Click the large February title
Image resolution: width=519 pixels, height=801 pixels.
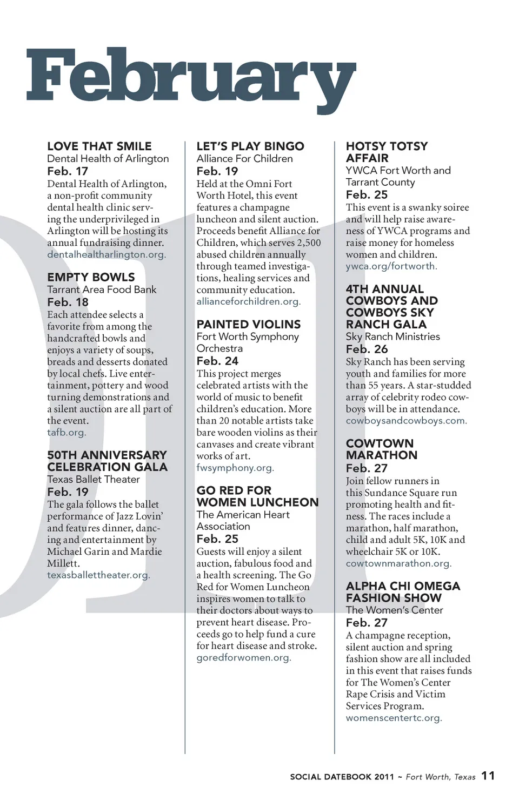tap(191, 78)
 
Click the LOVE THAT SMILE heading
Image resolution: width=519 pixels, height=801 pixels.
tap(99, 146)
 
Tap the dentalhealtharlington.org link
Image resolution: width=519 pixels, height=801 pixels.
tap(107, 254)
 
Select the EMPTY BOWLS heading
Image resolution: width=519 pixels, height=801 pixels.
tap(91, 277)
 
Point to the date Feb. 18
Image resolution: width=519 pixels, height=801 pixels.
tap(68, 302)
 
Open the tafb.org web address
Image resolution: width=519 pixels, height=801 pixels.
tap(66, 432)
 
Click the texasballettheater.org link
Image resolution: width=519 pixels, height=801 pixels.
tap(98, 575)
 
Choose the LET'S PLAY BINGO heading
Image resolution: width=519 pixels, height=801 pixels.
tap(250, 146)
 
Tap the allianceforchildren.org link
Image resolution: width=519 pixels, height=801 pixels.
tap(249, 301)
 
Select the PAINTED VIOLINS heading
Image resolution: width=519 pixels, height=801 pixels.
tap(249, 324)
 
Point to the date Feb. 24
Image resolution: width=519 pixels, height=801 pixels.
tap(217, 361)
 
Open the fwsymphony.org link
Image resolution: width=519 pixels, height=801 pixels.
tap(235, 468)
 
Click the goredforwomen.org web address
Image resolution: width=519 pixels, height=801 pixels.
tap(244, 657)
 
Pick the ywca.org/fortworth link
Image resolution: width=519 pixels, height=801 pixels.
tap(391, 266)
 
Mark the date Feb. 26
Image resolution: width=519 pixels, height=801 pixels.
tap(367, 349)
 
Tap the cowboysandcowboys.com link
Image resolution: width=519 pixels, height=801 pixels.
tap(407, 420)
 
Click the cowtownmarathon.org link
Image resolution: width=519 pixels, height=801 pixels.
tap(398, 563)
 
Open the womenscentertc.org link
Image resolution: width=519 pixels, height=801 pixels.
tap(394, 718)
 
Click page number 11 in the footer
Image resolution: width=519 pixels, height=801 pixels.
tap(488, 776)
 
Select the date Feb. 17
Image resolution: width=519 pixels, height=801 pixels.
tap(68, 171)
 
